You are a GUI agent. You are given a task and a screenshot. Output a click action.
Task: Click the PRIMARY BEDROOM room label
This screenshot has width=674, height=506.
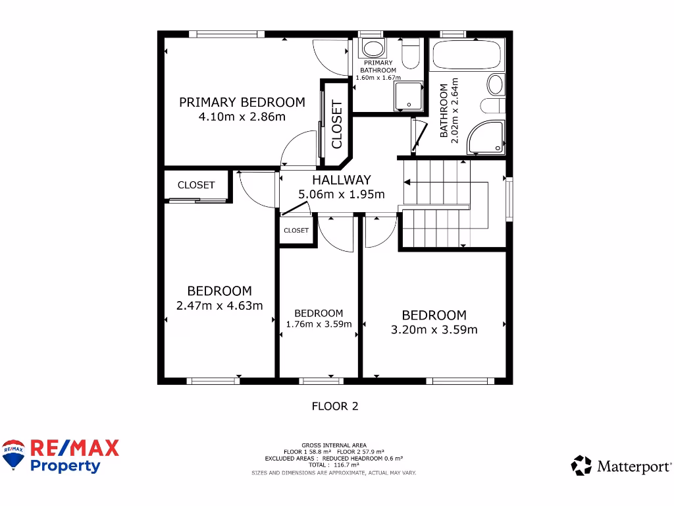coord(242,102)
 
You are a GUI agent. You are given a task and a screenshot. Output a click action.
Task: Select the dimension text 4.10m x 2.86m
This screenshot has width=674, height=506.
coord(242,117)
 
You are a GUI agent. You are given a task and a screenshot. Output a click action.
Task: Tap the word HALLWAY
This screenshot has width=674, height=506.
coord(341,180)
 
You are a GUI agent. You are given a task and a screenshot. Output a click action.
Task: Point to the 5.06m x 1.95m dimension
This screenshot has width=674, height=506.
coord(341,194)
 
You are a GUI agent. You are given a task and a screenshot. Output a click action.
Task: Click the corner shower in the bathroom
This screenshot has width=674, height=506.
coord(488,138)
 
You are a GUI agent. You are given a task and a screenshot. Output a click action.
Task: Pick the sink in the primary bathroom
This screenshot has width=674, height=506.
coord(374,47)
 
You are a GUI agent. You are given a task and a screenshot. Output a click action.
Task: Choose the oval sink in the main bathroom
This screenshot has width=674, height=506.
coord(495,84)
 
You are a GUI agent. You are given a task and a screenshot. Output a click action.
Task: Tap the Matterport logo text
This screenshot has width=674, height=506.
coord(633,466)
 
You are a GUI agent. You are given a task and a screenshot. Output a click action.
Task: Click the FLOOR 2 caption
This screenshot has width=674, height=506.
coord(335,406)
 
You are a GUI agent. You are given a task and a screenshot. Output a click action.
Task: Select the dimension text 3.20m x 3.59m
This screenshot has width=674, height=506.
coord(434,329)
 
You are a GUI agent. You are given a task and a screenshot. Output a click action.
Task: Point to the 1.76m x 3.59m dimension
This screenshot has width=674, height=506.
coord(319,324)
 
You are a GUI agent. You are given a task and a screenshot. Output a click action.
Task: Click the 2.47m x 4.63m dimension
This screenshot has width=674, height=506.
coord(219,305)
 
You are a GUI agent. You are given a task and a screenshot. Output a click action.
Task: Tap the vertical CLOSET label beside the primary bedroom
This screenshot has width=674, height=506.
coord(337,124)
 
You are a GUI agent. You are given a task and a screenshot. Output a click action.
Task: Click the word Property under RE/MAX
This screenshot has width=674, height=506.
coord(66,466)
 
